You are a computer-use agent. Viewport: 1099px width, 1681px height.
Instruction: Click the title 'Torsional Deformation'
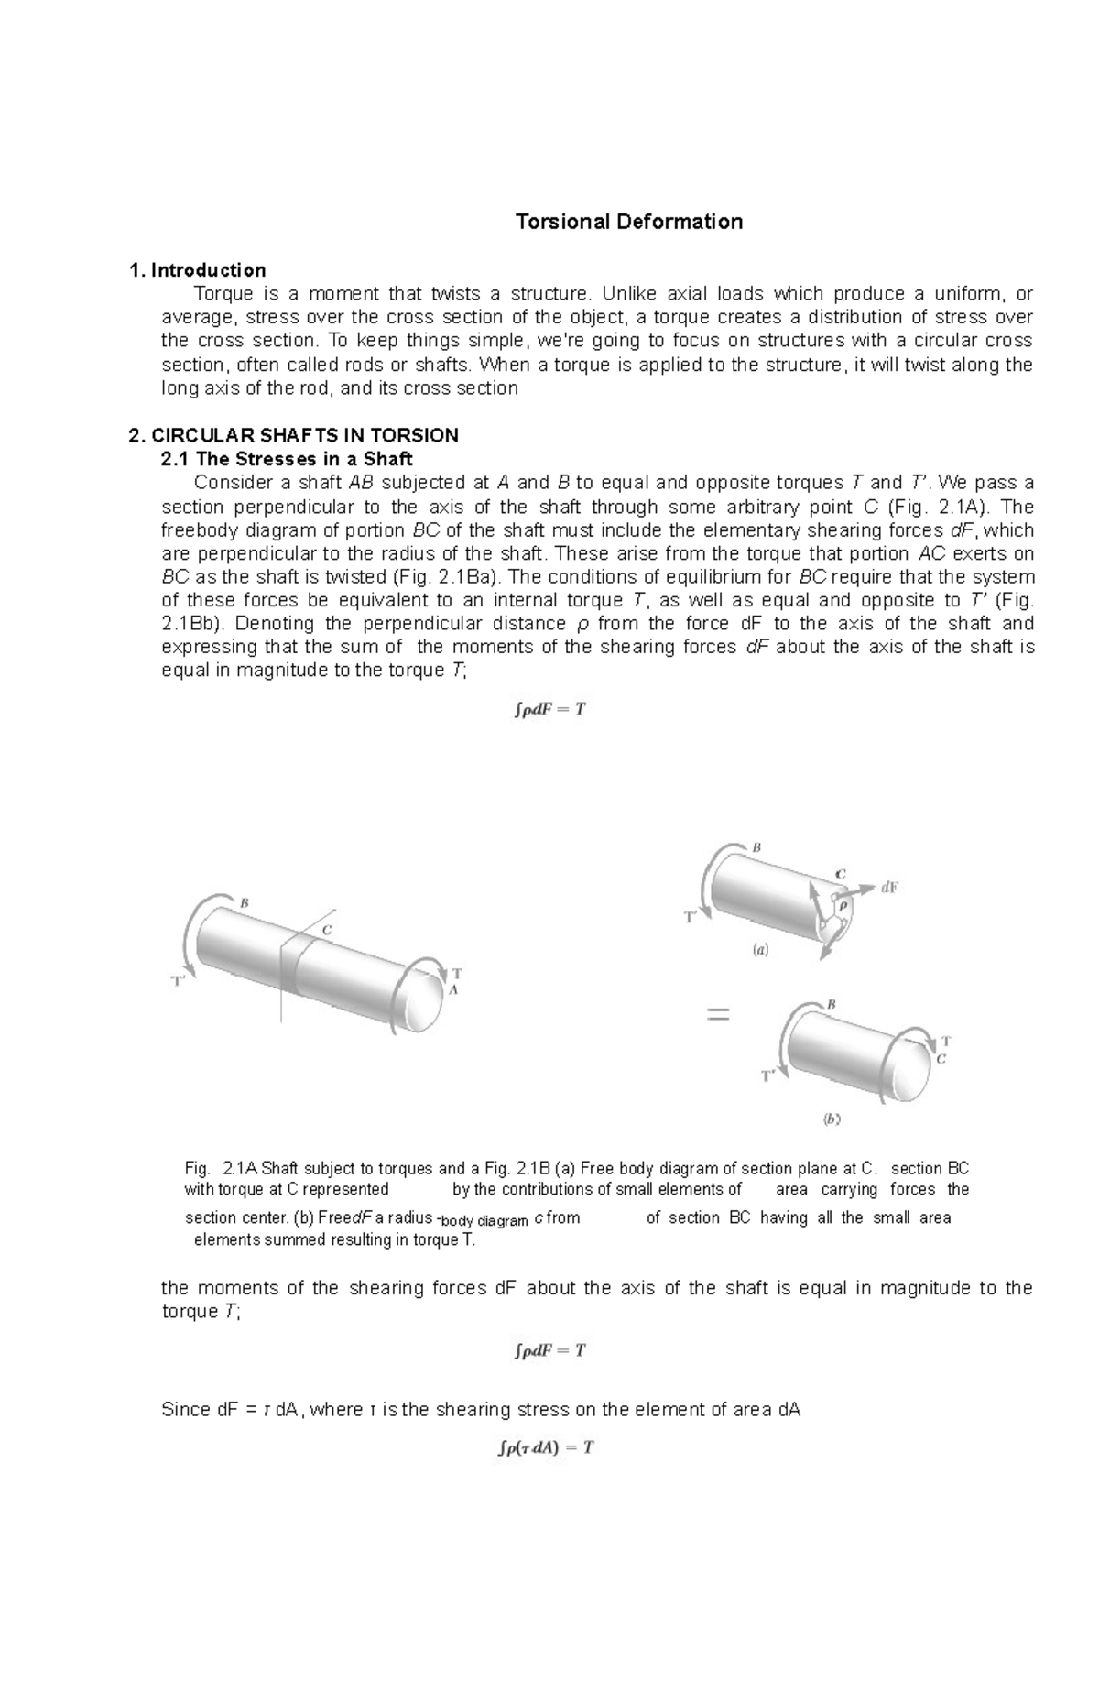(x=628, y=222)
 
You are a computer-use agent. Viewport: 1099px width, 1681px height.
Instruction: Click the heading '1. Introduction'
(x=198, y=270)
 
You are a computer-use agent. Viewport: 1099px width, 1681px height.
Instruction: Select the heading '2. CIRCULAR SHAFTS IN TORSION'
(x=294, y=435)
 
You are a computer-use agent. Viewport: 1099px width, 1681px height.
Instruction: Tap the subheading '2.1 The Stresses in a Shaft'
(x=287, y=459)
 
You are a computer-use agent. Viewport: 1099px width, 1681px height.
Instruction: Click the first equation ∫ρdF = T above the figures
(x=549, y=710)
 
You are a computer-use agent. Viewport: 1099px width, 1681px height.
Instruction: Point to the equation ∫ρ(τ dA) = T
(x=547, y=1448)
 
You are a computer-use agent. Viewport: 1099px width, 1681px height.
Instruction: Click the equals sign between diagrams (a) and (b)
(x=717, y=1015)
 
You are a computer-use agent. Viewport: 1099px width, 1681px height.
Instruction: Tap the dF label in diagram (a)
(x=889, y=887)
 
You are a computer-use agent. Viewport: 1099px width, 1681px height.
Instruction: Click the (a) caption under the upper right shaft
(x=761, y=951)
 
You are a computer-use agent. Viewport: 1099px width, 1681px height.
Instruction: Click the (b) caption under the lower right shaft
(x=832, y=1119)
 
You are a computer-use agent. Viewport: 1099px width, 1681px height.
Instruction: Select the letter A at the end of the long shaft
(x=452, y=990)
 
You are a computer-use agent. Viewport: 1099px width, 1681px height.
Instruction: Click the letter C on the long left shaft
(x=325, y=930)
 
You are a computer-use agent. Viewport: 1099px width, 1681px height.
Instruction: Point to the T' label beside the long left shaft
(x=180, y=981)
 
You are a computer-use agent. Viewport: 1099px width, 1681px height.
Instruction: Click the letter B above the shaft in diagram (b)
(x=832, y=1004)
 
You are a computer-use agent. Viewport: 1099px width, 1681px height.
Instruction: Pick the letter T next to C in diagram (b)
(x=946, y=1042)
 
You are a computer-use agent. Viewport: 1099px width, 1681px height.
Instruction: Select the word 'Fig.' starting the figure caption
(x=197, y=1169)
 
